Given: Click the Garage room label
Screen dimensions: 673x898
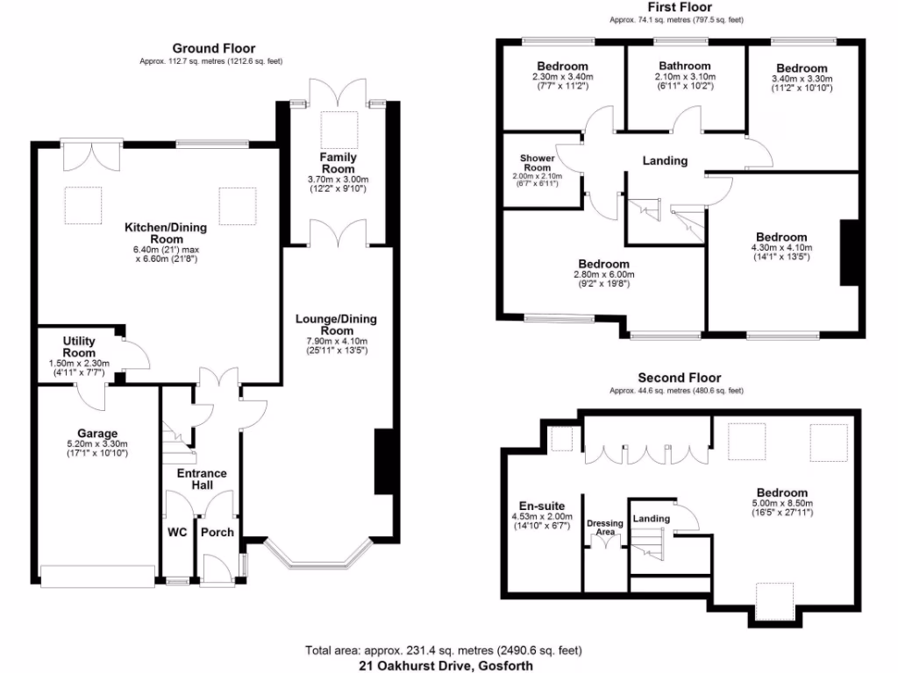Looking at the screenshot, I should [96, 433].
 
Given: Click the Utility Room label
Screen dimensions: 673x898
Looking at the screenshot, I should [85, 346].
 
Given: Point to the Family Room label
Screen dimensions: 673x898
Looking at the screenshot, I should [338, 163].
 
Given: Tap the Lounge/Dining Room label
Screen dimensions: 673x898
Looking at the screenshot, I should [331, 324].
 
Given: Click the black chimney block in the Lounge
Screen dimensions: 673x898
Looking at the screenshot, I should [383, 462].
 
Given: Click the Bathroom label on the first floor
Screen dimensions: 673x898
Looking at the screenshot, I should [685, 66].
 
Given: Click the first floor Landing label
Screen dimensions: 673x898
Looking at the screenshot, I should [665, 160].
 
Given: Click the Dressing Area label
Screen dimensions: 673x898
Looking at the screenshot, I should [604, 528].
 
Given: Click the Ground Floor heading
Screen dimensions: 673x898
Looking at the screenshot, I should [213, 48].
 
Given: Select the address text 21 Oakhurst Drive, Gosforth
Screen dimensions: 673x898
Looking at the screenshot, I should [445, 666].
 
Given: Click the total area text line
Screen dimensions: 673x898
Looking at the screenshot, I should [444, 650].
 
